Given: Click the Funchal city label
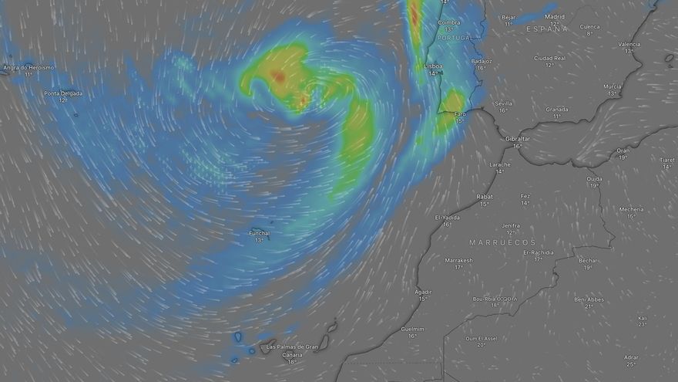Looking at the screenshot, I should click(259, 233).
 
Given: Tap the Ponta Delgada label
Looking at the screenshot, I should click(63, 93).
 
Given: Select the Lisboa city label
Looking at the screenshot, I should click(434, 66).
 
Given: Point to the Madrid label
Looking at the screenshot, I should click(555, 16).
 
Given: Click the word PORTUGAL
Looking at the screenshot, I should click(455, 37).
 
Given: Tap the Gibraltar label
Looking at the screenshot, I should click(518, 138).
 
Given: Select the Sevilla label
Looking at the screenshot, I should click(503, 103).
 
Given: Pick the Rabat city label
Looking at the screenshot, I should click(485, 196).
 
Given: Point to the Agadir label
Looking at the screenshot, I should click(423, 292).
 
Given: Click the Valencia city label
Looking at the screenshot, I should click(629, 44).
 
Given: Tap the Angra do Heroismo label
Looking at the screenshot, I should click(29, 67).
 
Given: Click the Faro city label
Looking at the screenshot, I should click(459, 113).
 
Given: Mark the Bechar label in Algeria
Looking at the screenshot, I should click(588, 260).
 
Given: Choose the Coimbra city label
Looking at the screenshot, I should click(448, 22).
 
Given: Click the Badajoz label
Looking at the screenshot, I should click(481, 60).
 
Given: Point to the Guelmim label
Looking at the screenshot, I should click(413, 328).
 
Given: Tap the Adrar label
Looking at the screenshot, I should click(631, 357).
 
